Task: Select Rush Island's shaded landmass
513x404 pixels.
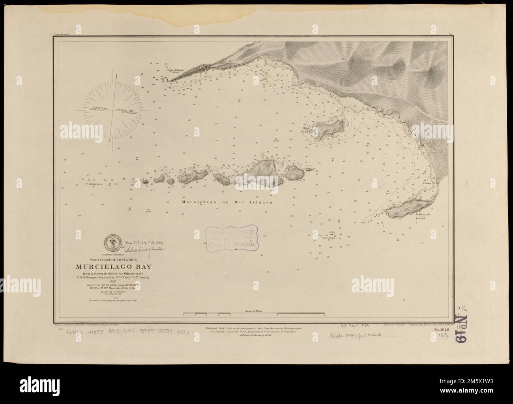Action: click(x=329, y=129)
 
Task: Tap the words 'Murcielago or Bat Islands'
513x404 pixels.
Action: click(x=227, y=202)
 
